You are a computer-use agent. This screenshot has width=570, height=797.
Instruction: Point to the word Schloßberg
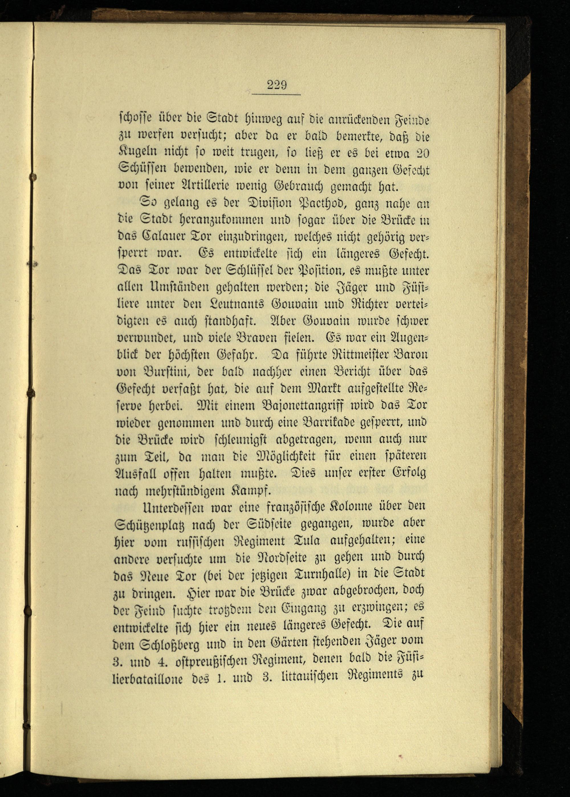(171, 643)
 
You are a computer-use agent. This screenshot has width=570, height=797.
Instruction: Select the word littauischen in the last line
(310, 676)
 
